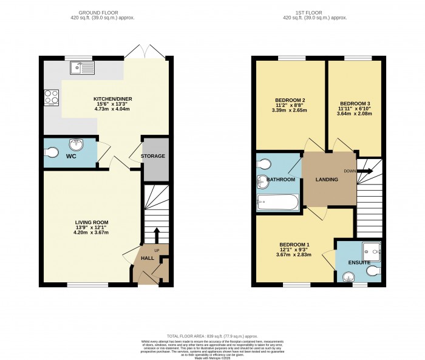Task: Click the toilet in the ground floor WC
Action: [x=51, y=152]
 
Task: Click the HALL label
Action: [x=148, y=259]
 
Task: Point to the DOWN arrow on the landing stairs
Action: [x=365, y=171]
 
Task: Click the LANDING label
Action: [x=328, y=180]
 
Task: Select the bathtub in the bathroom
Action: [x=278, y=202]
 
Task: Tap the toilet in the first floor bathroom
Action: [x=264, y=164]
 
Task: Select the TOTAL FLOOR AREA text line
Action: [x=212, y=335]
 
